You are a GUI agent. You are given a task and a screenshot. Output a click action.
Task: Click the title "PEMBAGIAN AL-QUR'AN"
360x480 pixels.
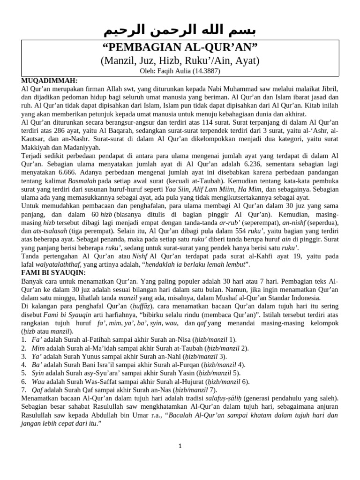(180, 48)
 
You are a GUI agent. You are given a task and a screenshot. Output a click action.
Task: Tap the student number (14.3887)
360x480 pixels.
(207, 71)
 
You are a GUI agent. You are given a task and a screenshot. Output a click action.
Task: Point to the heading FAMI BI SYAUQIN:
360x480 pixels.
(53, 272)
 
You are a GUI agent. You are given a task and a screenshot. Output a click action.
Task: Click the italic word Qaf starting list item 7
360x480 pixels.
(37, 390)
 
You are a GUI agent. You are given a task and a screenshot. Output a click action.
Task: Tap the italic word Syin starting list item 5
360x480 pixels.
(38, 373)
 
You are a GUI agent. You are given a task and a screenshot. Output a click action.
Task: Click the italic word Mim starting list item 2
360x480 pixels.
(38, 348)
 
